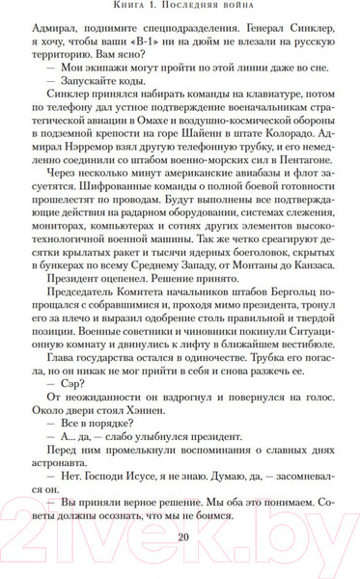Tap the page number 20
pyautogui.click(x=180, y=538)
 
